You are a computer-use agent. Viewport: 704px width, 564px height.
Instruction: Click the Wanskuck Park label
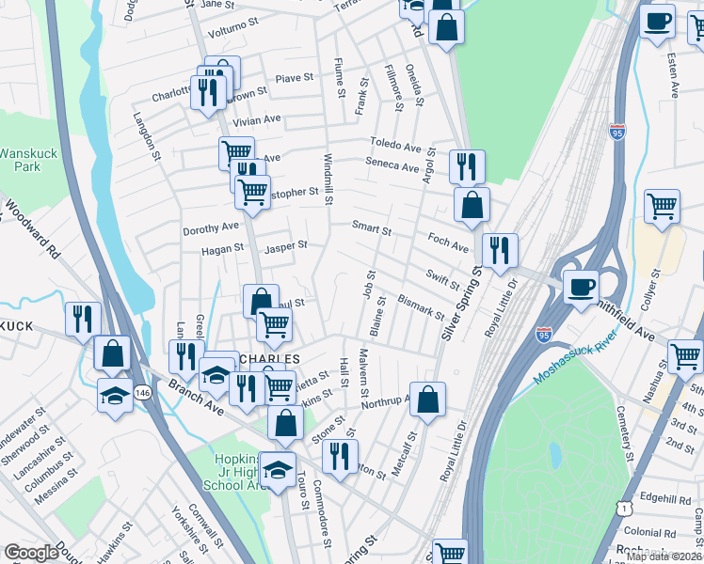[20, 159]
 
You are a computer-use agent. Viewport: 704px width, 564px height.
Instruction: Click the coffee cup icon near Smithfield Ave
[581, 286]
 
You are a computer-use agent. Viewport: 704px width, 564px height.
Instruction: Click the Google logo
[30, 552]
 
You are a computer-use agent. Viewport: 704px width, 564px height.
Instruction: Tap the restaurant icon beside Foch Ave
[499, 249]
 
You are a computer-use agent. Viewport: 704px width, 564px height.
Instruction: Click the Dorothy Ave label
[212, 227]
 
